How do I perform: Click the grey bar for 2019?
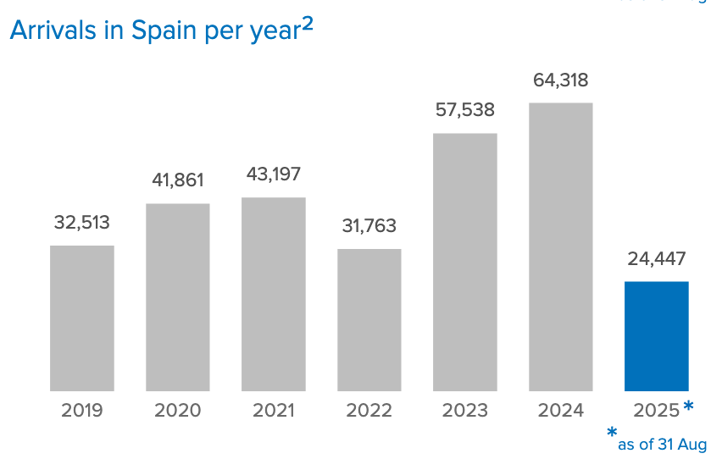point(82,318)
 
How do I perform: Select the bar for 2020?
point(178,297)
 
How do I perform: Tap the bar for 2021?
point(274,295)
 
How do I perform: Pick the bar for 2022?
point(369,320)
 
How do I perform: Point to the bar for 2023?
point(465,263)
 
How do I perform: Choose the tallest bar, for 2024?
point(561,247)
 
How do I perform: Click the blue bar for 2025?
point(657,336)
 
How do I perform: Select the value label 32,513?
point(82,223)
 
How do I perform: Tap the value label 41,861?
point(178,180)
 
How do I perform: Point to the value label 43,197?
point(273,174)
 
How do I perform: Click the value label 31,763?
point(369,226)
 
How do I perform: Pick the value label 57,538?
point(464,110)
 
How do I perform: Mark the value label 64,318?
point(560,80)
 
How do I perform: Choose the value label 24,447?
point(657,259)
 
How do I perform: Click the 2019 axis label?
point(82,411)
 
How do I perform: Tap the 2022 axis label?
point(369,411)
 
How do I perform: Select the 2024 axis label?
point(561,411)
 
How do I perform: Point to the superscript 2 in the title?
point(308,25)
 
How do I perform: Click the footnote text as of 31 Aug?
point(662,444)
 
